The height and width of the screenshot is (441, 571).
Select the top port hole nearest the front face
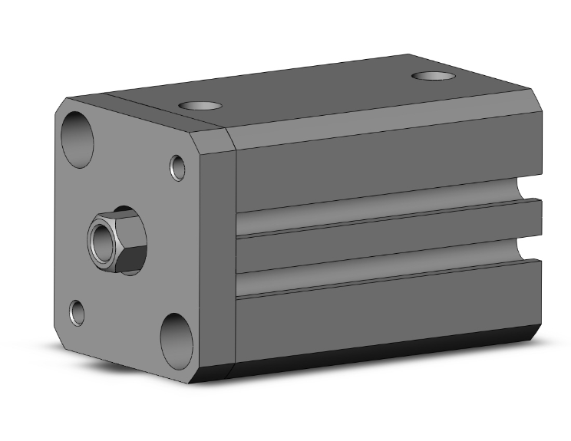[198, 106]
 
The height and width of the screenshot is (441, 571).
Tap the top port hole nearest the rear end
[434, 76]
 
